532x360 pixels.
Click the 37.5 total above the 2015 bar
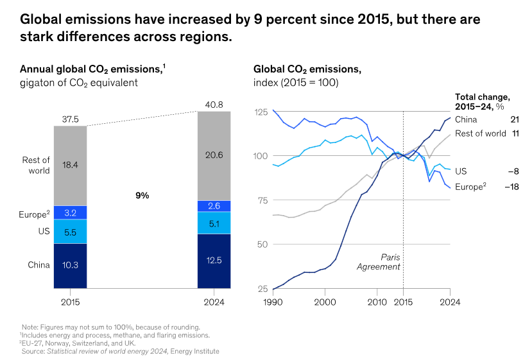[70, 119]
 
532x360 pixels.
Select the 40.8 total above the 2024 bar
[214, 105]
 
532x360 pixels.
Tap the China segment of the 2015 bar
[70, 264]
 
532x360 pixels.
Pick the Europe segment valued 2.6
[214, 206]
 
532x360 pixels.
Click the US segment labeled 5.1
[214, 223]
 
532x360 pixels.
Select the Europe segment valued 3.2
[70, 212]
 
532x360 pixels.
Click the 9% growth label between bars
[142, 196]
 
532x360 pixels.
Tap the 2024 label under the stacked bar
[214, 301]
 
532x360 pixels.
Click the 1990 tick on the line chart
[273, 301]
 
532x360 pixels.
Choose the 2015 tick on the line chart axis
[403, 301]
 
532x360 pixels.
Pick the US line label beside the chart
[461, 171]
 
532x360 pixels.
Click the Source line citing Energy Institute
[121, 351]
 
